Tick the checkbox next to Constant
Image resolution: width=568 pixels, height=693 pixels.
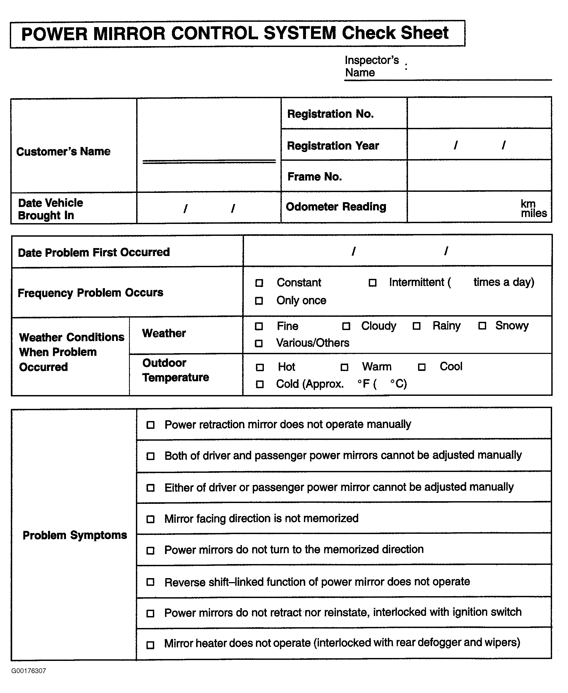[x=259, y=283]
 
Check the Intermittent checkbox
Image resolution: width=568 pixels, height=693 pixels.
[x=372, y=283]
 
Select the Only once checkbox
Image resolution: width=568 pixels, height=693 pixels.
[x=259, y=301]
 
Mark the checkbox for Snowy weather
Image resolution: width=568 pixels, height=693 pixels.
[x=482, y=326]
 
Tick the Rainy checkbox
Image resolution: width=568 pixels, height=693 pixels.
[x=416, y=326]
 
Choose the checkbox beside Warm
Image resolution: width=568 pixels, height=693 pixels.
[x=344, y=367]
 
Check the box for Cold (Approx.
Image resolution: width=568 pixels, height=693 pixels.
[x=260, y=384]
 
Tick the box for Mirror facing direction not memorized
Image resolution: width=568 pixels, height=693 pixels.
[x=150, y=519]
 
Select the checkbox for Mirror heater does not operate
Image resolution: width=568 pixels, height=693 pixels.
[x=150, y=645]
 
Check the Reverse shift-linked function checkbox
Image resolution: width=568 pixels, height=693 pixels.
[x=150, y=582]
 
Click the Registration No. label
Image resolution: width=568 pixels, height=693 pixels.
[x=330, y=114]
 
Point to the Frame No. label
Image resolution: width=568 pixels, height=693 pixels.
[x=314, y=177]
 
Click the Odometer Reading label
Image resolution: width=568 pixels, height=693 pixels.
[x=336, y=207]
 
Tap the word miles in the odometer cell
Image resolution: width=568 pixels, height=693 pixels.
[x=534, y=213]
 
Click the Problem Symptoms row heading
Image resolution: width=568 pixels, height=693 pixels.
[x=75, y=535]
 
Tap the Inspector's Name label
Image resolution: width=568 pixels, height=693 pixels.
[x=372, y=66]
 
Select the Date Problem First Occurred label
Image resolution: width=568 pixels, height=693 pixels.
[x=94, y=252]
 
